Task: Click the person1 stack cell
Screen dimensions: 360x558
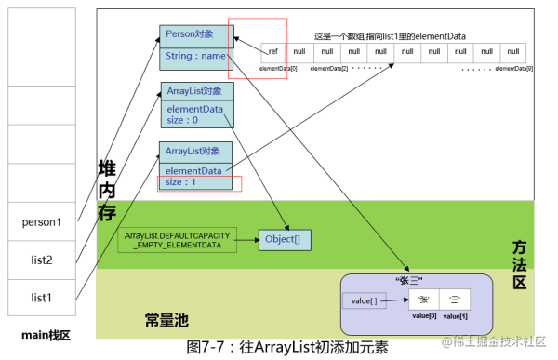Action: coord(43,222)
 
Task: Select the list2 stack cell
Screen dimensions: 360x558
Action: coord(43,260)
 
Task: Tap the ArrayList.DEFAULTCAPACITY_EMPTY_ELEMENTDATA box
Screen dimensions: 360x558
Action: coord(178,239)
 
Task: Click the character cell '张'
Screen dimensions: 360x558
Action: coord(423,300)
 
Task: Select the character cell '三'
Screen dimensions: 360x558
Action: coord(456,300)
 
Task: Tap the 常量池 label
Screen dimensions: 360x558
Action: coord(166,319)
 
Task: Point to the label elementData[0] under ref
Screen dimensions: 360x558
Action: coord(277,69)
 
